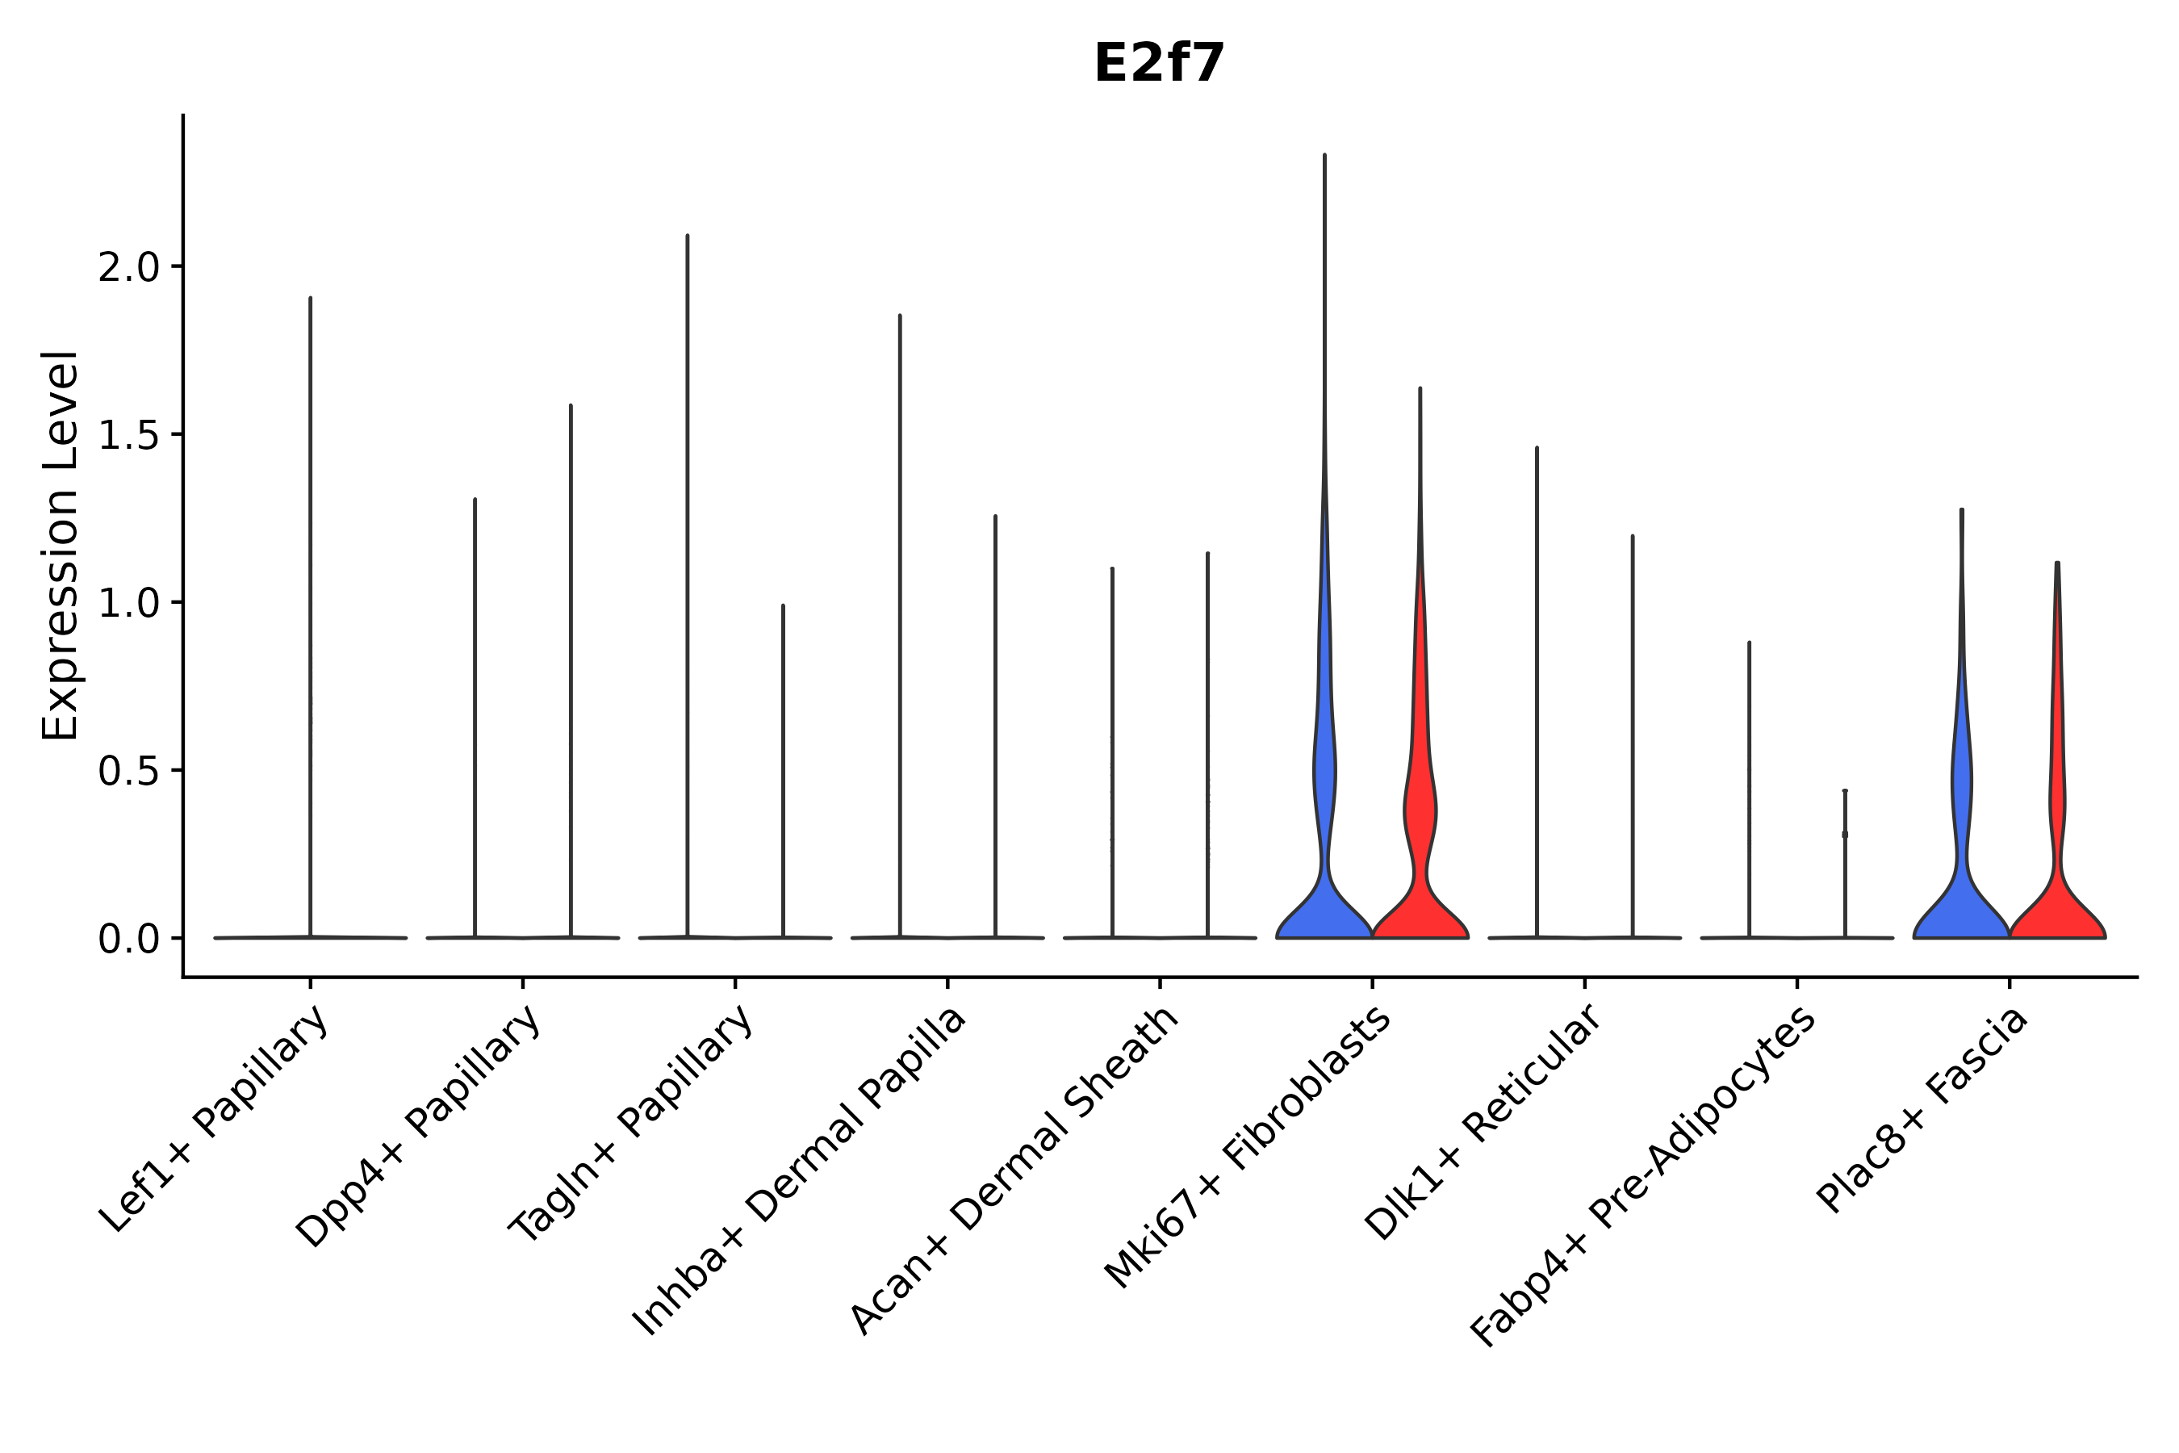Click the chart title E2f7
tap(1159, 65)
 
